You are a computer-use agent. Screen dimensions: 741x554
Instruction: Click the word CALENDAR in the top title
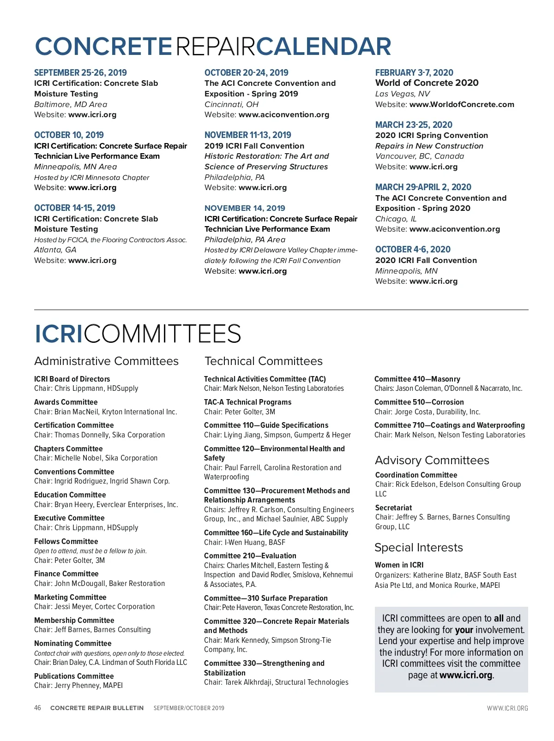(x=323, y=47)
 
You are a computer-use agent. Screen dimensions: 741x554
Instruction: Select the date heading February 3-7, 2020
(x=414, y=72)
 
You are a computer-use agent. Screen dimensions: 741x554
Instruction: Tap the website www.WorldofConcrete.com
(x=462, y=104)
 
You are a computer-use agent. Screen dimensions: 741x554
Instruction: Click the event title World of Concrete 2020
(x=427, y=83)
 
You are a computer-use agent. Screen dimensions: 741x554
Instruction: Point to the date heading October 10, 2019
(x=69, y=135)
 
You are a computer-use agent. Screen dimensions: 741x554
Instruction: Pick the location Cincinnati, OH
(x=231, y=104)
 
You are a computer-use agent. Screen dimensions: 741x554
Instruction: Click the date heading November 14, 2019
(x=245, y=208)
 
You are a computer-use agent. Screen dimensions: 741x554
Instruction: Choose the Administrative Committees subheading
(x=106, y=361)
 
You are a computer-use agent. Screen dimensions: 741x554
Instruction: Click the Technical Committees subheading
(x=264, y=361)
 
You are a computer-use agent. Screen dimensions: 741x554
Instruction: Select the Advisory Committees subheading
(x=432, y=460)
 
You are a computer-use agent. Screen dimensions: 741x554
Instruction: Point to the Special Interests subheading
(x=418, y=547)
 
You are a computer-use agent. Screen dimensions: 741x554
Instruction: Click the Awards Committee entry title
(x=66, y=402)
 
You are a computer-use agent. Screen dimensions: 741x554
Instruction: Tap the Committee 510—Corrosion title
(x=419, y=402)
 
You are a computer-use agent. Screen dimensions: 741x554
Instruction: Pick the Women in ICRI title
(x=399, y=565)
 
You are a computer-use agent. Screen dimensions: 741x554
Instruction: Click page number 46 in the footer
(x=37, y=708)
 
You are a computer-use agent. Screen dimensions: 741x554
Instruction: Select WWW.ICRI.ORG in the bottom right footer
(x=507, y=708)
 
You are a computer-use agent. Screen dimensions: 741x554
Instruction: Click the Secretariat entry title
(x=393, y=508)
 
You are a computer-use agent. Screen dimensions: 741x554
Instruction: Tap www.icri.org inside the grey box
(x=466, y=675)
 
